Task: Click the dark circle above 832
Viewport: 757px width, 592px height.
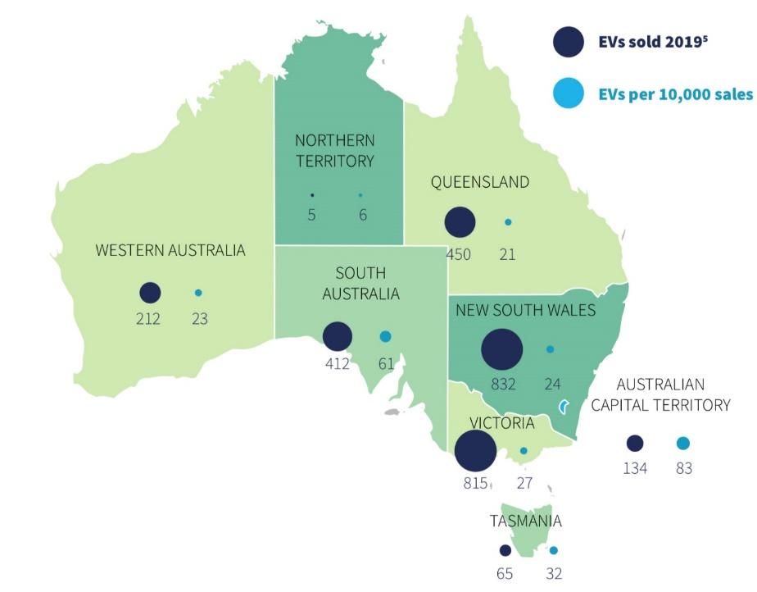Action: [x=501, y=350]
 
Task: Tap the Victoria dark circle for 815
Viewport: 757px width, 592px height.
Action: [x=475, y=452]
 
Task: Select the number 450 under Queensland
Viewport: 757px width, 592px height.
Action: [x=459, y=254]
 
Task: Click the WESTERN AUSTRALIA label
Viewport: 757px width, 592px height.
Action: [x=170, y=250]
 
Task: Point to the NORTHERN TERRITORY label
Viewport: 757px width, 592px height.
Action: [x=334, y=150]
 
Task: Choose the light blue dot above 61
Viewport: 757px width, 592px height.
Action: [x=386, y=336]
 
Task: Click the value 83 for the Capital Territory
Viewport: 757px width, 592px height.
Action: [x=683, y=469]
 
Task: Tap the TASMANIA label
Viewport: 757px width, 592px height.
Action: [x=526, y=521]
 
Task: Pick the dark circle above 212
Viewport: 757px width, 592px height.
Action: [x=150, y=293]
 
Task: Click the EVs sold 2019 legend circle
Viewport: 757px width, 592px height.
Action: [x=568, y=42]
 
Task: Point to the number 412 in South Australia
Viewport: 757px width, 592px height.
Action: [x=338, y=363]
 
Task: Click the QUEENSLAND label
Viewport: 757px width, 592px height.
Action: [x=480, y=182]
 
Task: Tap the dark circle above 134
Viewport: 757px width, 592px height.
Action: [x=635, y=444]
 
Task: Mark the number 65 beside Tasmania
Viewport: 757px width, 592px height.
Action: [x=505, y=574]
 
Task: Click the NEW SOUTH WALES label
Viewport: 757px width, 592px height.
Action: [x=526, y=310]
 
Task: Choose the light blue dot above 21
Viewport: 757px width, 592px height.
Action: [x=508, y=222]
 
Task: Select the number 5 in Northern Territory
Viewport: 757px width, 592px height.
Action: [x=312, y=215]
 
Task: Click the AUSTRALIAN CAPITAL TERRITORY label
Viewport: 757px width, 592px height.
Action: [x=673, y=394]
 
